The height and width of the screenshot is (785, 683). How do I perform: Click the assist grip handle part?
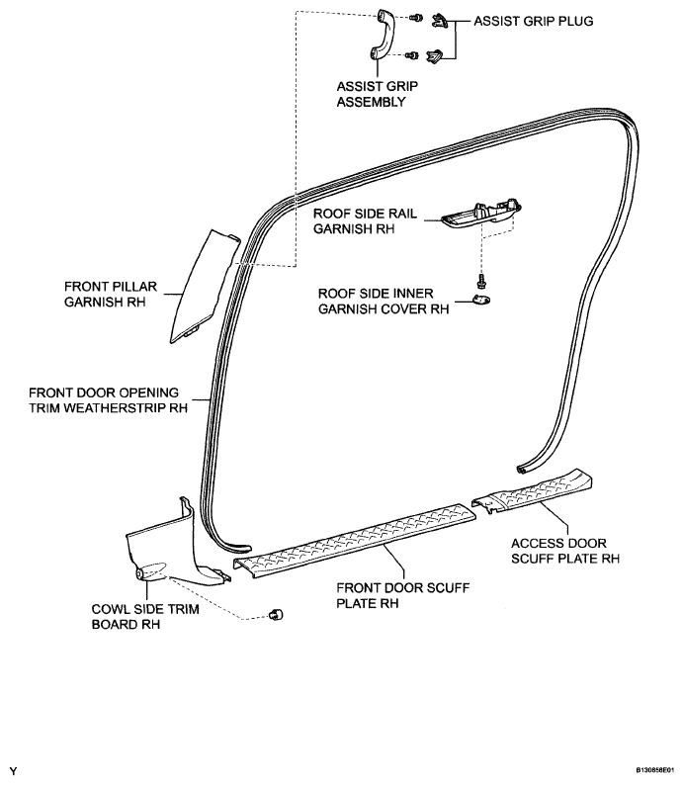point(382,35)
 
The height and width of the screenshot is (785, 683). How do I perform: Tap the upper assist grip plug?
point(439,21)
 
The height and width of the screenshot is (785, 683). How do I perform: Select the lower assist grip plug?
point(434,55)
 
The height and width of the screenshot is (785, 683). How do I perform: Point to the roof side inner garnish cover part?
point(481,300)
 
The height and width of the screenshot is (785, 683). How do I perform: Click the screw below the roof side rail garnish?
point(482,280)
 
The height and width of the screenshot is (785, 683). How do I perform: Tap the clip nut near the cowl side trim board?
point(276,614)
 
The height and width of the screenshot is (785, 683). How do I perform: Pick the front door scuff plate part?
point(355,541)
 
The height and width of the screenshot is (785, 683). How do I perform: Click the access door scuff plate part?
point(533,491)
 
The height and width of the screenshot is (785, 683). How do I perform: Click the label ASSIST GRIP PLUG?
point(534,21)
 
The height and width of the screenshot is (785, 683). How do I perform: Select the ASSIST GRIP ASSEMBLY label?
point(377,94)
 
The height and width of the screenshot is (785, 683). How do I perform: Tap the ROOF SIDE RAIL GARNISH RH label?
point(365,221)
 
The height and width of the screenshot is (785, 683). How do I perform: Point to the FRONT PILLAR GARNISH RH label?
point(111,295)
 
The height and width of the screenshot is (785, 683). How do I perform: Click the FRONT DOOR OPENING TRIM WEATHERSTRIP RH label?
point(108,400)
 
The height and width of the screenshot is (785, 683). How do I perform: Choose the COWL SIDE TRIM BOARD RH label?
point(145,617)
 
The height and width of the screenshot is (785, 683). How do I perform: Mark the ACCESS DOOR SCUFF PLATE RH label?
point(565,551)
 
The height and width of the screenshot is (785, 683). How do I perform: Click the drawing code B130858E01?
point(658,770)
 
